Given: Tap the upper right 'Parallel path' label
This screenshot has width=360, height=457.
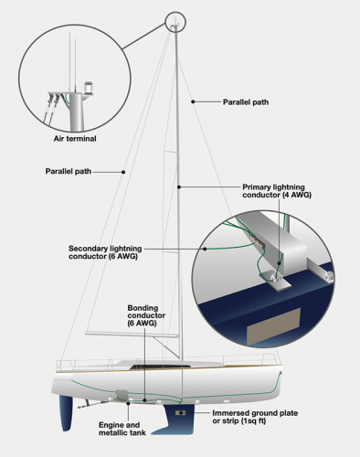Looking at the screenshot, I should click(247, 102).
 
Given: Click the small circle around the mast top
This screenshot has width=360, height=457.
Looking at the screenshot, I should click(175, 21).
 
